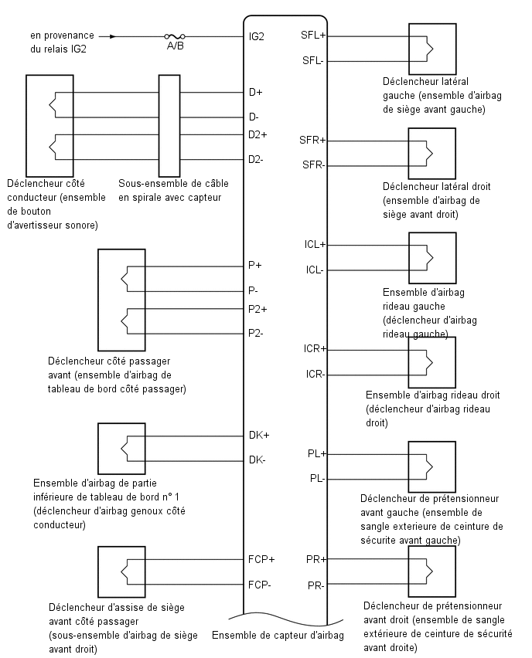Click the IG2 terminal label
pyautogui.click(x=257, y=36)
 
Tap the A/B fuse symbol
pyautogui.click(x=175, y=36)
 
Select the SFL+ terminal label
pyautogui.click(x=313, y=36)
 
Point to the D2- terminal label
pyautogui.click(x=255, y=159)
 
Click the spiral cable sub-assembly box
pyautogui.click(x=169, y=126)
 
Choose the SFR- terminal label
pyautogui.click(x=313, y=165)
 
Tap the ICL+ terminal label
pyautogui.click(x=315, y=244)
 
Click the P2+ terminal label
pyautogui.click(x=257, y=309)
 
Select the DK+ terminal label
pyautogui.click(x=259, y=435)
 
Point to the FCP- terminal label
pyautogui.click(x=259, y=585)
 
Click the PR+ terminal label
pyautogui.click(x=316, y=559)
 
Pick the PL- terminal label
pyautogui.click(x=317, y=478)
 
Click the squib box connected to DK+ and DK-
pyautogui.click(x=121, y=449)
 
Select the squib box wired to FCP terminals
pyautogui.click(x=121, y=572)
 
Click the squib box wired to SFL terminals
pyautogui.click(x=432, y=49)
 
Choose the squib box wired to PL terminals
pyautogui.click(x=432, y=466)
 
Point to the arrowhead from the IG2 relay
pyautogui.click(x=113, y=36)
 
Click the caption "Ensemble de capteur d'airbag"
pyautogui.click(x=278, y=636)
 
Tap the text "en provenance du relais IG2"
pyautogui.click(x=62, y=42)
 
